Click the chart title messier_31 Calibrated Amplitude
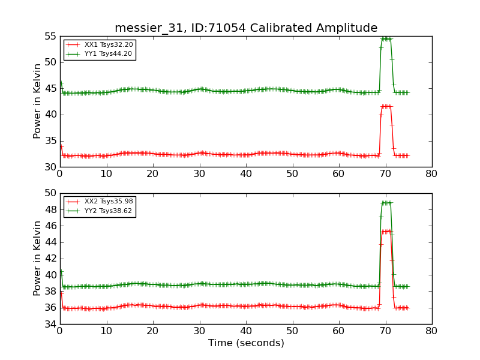[246, 28]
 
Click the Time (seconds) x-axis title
[246, 343]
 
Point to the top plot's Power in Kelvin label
[37, 101]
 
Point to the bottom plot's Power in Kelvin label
[37, 258]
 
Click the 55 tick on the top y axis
[50, 36]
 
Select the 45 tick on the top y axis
[50, 89]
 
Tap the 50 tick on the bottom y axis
[50, 193]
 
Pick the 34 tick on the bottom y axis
[50, 324]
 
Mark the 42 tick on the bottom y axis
[50, 259]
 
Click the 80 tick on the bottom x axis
[431, 331]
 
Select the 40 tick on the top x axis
[246, 174]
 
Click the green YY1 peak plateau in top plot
[386, 39]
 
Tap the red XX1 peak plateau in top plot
[386, 106]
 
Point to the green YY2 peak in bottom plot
[386, 203]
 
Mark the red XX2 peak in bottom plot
[386, 231]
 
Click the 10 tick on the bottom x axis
[106, 331]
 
